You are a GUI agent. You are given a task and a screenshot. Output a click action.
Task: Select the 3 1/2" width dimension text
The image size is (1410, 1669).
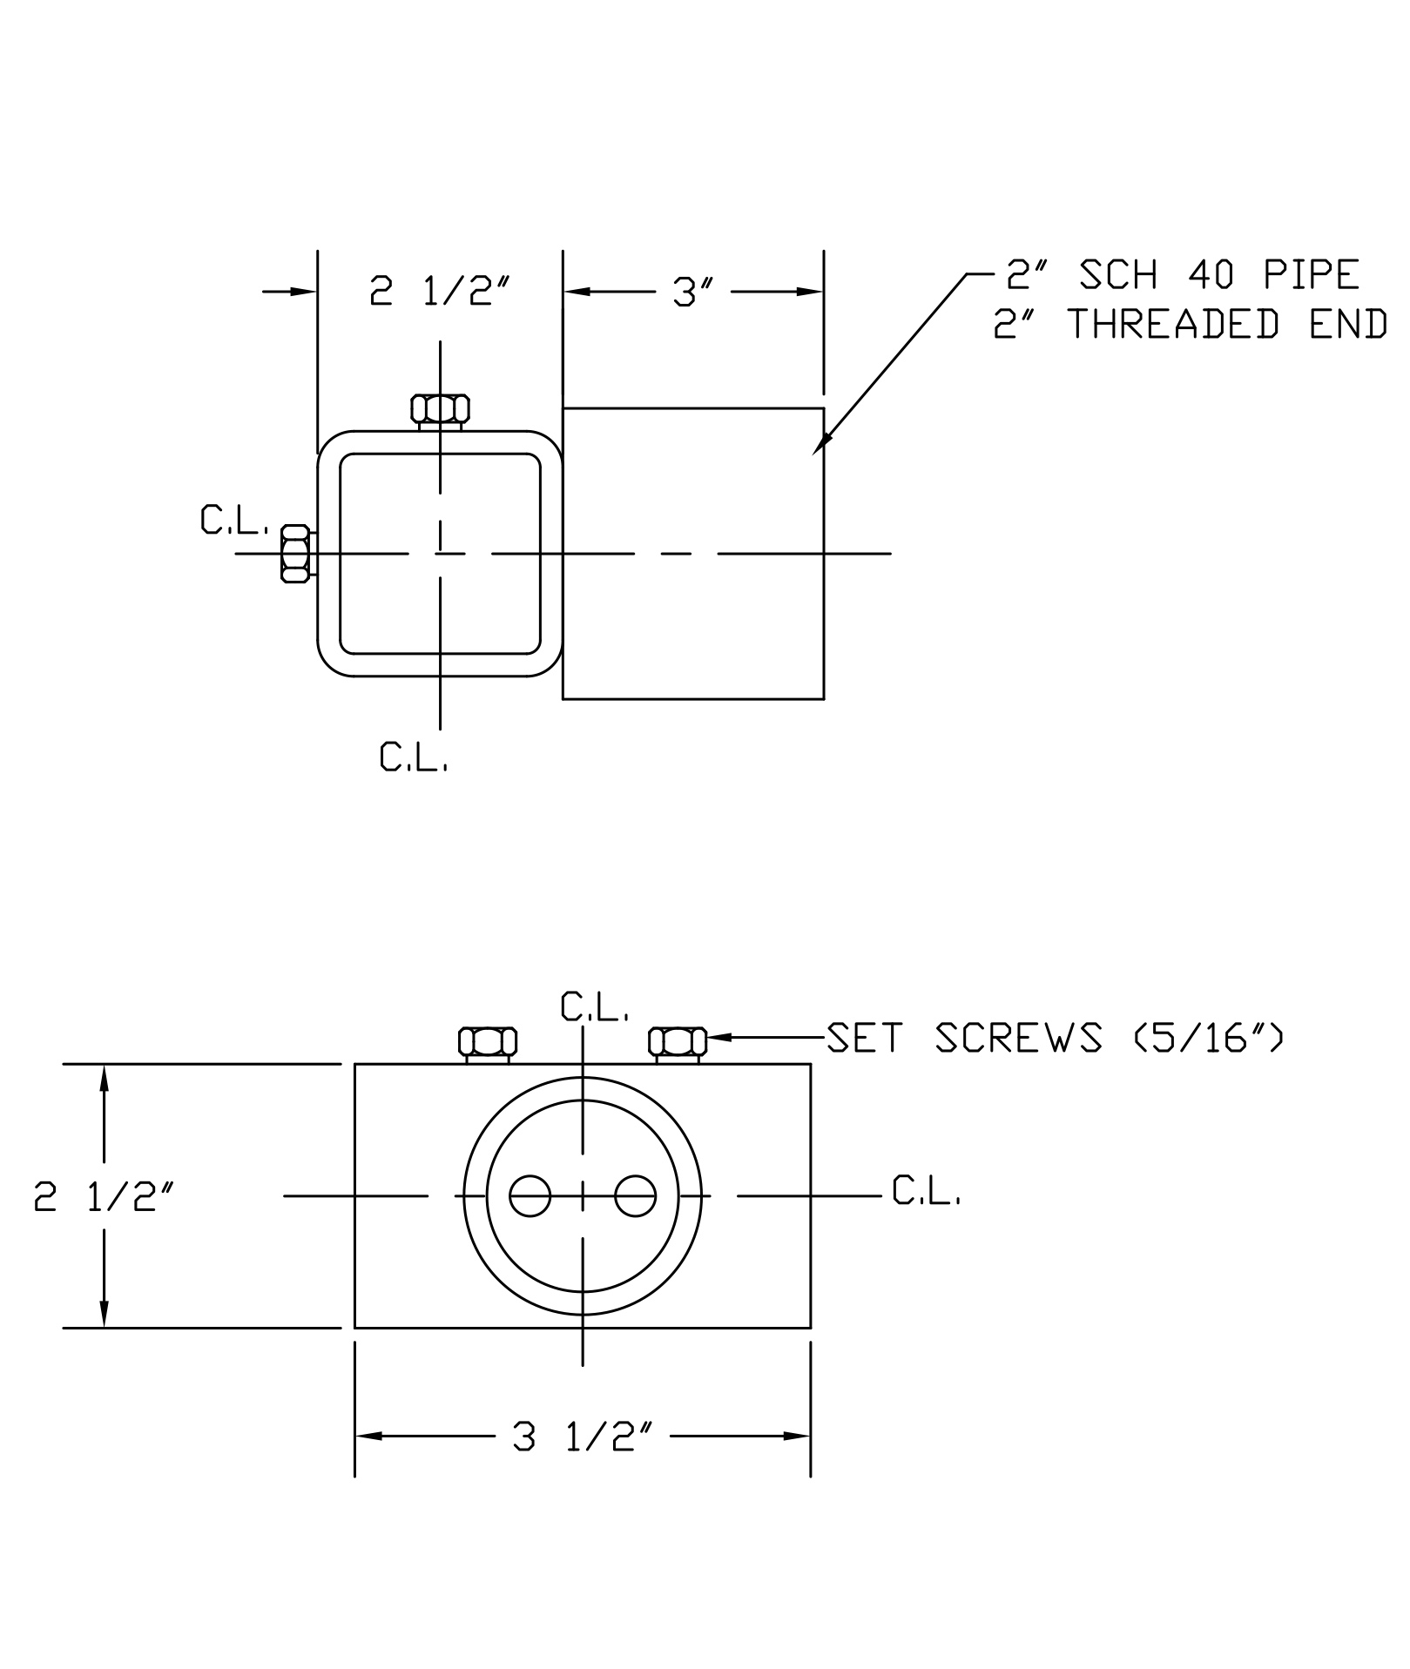point(584,1437)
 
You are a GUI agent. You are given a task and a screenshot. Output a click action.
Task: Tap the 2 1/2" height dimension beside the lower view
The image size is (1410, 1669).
point(105,1197)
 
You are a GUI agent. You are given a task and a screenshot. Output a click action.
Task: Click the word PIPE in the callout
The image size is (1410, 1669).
point(1311,275)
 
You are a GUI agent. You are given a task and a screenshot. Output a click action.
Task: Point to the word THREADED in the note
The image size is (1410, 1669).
point(1173,325)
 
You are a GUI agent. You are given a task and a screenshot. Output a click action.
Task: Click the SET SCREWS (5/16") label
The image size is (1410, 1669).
point(1054,1038)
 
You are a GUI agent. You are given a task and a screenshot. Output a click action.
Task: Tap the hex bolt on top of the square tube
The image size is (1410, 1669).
point(440,409)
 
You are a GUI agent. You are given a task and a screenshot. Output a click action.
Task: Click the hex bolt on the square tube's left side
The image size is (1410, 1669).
point(295,553)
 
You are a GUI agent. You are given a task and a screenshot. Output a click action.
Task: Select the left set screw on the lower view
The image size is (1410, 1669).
point(487,1042)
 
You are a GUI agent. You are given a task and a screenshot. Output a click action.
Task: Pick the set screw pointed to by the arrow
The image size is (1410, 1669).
point(678,1042)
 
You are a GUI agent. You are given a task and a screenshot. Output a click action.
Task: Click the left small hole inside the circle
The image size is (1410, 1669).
point(530,1196)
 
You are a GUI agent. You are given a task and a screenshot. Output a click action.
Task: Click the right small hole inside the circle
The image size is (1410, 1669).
point(635,1196)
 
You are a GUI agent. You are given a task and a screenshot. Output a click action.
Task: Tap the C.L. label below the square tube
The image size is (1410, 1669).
point(413,757)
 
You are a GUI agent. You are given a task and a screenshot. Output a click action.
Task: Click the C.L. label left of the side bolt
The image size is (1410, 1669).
point(233,521)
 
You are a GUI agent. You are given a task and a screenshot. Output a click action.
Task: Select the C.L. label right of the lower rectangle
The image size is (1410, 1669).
point(926,1191)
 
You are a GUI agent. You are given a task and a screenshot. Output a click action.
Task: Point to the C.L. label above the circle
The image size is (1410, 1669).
point(594,1007)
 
